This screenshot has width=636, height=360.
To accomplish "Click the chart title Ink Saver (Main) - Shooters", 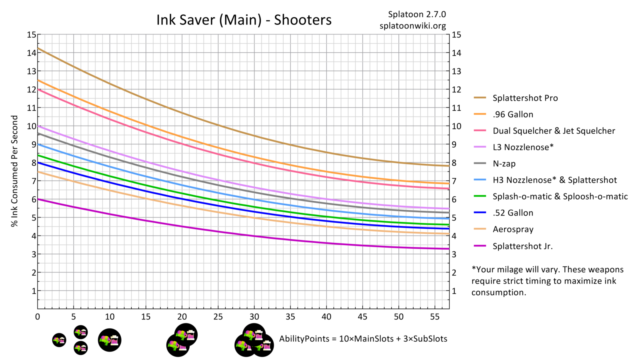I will coord(244,20).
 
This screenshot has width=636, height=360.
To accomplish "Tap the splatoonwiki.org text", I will coord(412,26).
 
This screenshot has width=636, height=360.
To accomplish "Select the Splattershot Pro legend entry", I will coord(525,98).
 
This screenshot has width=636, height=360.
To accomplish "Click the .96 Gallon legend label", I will coord(513,114).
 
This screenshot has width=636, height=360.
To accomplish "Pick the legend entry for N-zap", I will coord(504,164).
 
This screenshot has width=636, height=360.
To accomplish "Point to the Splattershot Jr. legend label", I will coord(522,246).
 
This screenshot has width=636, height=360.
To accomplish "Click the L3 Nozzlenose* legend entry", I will coord(523,147).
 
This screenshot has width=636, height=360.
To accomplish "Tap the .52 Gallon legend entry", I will coord(513,213).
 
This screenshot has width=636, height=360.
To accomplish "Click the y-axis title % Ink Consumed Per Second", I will coord(15,171).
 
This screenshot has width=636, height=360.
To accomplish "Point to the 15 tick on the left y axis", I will coord(31,35).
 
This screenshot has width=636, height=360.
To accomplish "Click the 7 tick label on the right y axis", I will coord(454,181).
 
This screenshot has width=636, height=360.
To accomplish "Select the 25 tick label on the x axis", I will coord(218,317).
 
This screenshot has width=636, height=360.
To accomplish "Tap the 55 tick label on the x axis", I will coord(434,317).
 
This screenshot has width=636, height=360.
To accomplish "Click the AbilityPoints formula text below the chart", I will coord(363,339).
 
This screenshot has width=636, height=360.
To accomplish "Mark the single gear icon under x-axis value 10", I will coord(110,340).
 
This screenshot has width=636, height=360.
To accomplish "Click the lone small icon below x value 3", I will coord(59,340).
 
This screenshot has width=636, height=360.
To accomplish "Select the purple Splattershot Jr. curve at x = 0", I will coord(38,199).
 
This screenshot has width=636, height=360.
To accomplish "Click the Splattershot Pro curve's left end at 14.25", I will coord(38,48).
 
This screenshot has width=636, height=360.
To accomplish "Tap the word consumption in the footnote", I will coord(498,292).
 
